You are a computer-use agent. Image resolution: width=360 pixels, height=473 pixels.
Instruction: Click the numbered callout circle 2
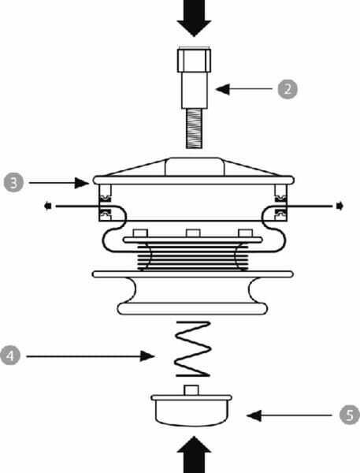[288, 89]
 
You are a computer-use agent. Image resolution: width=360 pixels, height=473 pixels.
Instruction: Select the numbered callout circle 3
[13, 183]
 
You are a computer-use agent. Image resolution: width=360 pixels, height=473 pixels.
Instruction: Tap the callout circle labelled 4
[10, 356]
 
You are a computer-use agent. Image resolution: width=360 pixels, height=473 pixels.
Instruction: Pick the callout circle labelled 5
[350, 415]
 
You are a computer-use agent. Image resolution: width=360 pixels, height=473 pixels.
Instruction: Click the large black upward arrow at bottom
[194, 455]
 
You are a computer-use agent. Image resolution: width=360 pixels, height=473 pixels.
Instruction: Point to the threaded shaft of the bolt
[194, 128]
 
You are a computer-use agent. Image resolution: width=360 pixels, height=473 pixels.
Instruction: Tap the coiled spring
[193, 349]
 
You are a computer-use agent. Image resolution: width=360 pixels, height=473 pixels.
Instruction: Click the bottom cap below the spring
[191, 410]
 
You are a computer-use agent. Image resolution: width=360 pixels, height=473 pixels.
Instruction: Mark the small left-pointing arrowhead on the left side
[48, 207]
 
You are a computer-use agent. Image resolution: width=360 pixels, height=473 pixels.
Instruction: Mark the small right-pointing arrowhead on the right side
[340, 207]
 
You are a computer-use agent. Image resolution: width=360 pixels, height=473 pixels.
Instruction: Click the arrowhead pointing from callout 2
[223, 89]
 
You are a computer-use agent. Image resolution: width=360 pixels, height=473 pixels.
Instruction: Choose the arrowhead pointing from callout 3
[82, 183]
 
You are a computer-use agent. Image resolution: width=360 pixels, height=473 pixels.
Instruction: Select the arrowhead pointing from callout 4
[148, 356]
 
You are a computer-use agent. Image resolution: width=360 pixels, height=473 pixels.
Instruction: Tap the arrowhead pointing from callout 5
[254, 415]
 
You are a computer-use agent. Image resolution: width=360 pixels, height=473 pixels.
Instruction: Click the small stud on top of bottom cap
[191, 389]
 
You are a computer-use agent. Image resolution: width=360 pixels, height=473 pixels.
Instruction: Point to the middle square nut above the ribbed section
[193, 233]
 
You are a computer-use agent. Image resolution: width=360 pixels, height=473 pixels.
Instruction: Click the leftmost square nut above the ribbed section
[140, 233]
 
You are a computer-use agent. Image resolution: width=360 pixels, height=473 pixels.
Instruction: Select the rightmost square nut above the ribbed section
[246, 233]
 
